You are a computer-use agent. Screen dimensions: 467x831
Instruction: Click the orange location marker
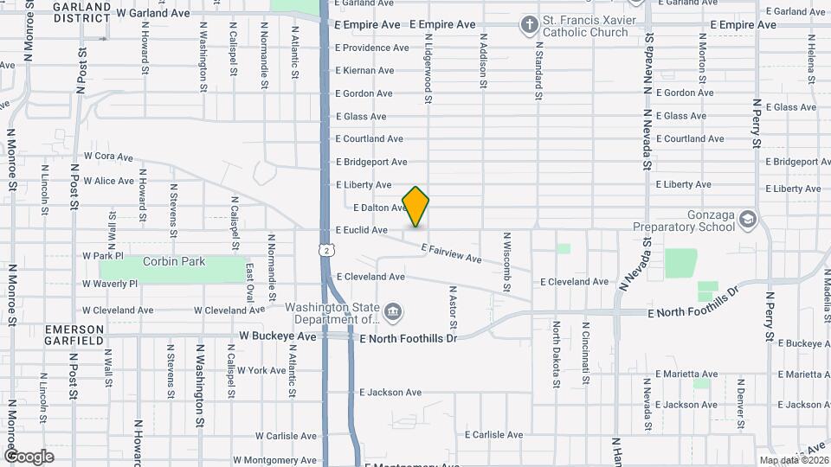coord(416,206)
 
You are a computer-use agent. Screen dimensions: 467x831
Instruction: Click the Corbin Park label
coord(175,261)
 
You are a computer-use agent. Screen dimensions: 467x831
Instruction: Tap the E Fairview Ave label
coord(451,253)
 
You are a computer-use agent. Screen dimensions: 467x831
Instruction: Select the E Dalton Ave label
coord(381,208)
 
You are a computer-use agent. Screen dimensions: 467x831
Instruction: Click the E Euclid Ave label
coord(362,230)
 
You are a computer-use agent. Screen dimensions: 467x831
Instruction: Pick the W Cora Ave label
coord(108,157)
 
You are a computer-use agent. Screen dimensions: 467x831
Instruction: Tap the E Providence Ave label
coord(374,48)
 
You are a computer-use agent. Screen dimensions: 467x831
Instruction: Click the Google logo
coord(29,457)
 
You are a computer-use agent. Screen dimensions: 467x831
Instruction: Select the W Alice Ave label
coord(109,181)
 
